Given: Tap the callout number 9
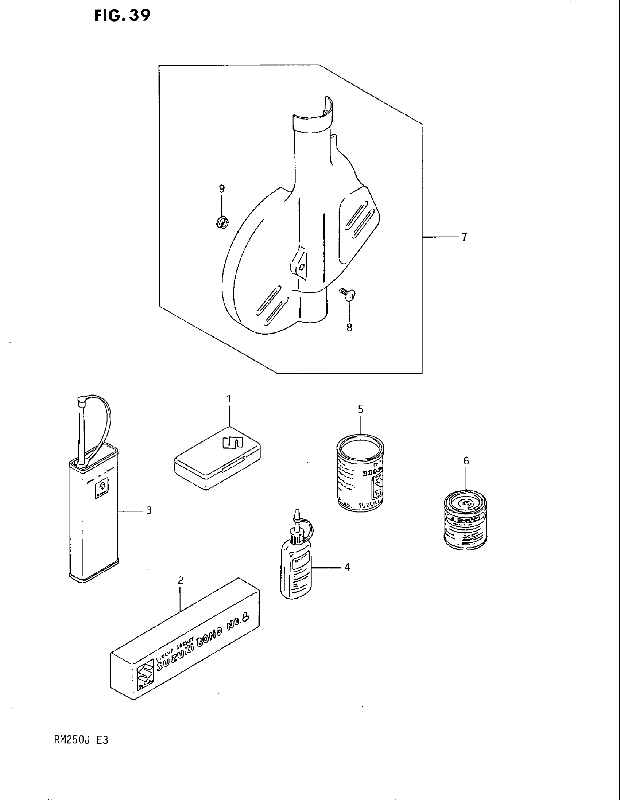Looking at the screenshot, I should pyautogui.click(x=222, y=189).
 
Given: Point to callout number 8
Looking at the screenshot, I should pyautogui.click(x=349, y=327).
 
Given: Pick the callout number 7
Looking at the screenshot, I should pyautogui.click(x=464, y=237).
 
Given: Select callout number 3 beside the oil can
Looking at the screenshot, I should pyautogui.click(x=149, y=510).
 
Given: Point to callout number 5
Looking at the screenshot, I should pyautogui.click(x=360, y=409).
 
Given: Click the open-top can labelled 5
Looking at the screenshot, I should pyautogui.click(x=360, y=472).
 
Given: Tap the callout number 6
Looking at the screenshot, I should pyautogui.click(x=466, y=461).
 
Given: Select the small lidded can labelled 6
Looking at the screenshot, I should pyautogui.click(x=465, y=521).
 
